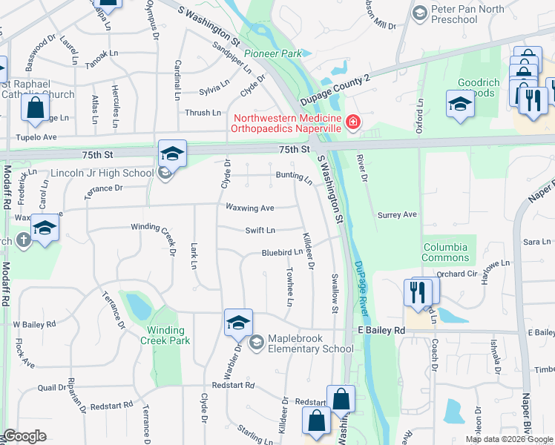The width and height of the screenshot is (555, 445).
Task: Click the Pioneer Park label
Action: pos(276,53)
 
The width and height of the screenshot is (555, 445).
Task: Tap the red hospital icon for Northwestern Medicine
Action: pos(352,122)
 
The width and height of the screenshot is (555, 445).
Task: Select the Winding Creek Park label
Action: pos(165,335)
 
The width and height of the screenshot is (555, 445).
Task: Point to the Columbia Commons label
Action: pos(445,252)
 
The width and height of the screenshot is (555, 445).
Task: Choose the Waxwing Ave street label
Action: pos(250,208)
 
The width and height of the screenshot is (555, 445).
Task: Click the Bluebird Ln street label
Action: pos(281,252)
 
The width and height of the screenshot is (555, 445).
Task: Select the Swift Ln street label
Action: pos(260,231)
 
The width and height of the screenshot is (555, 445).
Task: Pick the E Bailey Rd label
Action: pos(381,329)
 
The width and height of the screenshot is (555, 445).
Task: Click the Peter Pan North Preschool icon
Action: pos(421,13)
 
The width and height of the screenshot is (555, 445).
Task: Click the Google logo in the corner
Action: pos(24,436)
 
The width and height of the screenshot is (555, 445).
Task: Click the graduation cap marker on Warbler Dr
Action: pos(238,323)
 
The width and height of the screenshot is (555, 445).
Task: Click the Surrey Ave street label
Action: pos(398,215)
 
